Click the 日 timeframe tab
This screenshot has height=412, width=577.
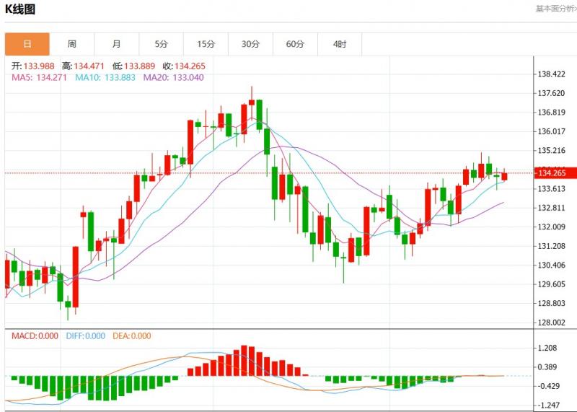(27, 44)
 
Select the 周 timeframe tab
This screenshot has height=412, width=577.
(72, 44)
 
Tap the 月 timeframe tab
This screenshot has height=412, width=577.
(117, 44)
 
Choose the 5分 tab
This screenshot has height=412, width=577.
(161, 44)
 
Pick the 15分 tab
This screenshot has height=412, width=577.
(206, 44)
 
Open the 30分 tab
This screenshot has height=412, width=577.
(250, 44)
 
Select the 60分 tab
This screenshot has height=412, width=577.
(295, 44)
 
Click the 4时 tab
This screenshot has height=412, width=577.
(340, 44)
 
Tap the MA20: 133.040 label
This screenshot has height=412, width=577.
(172, 77)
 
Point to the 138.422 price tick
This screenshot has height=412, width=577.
(552, 74)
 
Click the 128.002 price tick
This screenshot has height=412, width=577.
(552, 323)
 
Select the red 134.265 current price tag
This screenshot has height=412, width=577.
(552, 173)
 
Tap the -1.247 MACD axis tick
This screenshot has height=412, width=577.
(550, 405)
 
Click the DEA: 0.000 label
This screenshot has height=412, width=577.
(131, 336)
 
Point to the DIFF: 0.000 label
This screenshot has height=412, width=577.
(84, 336)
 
